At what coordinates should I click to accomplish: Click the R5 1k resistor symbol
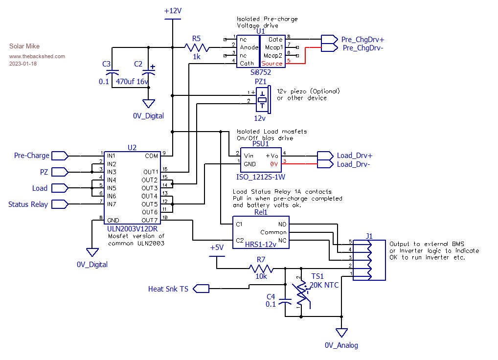197,47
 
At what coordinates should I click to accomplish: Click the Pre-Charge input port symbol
60,156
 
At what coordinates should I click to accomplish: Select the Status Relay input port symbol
60,204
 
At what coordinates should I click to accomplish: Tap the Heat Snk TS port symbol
201,289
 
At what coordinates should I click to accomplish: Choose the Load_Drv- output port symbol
325,164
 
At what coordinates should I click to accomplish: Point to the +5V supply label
216,247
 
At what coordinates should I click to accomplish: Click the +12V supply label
173,11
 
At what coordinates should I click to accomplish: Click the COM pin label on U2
152,156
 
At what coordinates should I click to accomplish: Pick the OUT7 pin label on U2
150,220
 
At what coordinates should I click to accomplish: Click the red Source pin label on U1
272,64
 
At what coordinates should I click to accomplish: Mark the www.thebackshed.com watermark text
37,56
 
